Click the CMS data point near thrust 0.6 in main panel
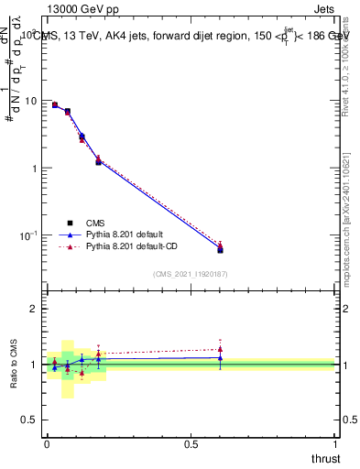coord(220,249)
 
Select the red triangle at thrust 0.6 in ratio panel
coord(220,349)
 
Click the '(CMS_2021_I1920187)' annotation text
coord(191,274)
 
